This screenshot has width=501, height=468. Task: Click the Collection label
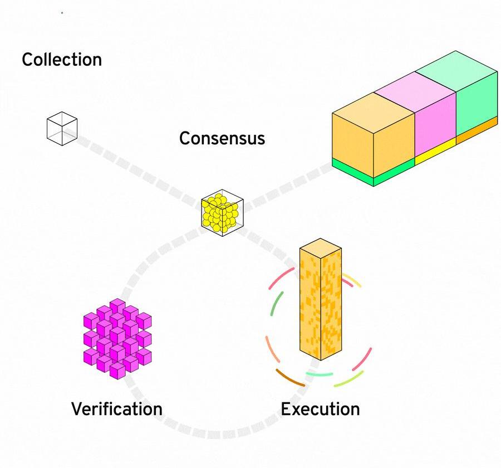point(62,60)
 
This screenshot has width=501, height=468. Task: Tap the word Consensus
point(222,138)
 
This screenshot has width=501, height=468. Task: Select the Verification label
point(117,409)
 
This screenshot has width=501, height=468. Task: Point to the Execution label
point(320,409)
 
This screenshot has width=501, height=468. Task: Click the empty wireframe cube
point(62,129)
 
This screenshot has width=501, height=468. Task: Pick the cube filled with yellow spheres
point(222,213)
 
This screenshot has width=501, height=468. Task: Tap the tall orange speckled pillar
point(321,299)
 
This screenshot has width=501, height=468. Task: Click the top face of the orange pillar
point(321,248)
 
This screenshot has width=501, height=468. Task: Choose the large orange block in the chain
point(373,135)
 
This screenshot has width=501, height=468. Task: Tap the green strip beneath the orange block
point(373,172)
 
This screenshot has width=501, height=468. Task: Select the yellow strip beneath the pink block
point(435,152)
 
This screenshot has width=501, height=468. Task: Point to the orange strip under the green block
point(477,130)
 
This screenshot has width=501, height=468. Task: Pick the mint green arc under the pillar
point(320,374)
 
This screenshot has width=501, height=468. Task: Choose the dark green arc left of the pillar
point(276,303)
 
